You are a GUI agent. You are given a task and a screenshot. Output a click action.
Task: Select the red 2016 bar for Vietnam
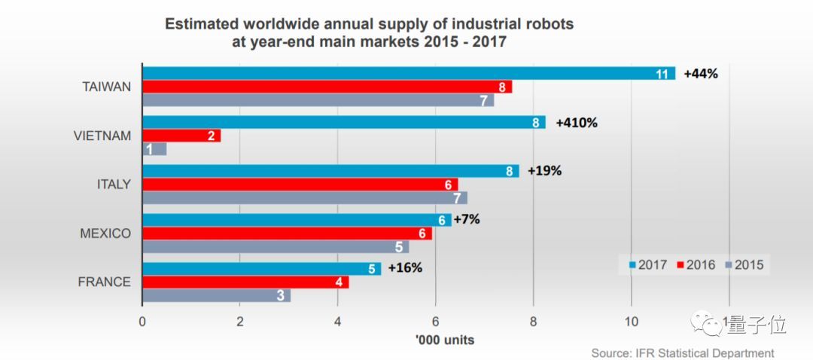pyautogui.click(x=181, y=136)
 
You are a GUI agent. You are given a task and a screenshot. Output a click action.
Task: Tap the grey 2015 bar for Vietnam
pyautogui.click(x=154, y=149)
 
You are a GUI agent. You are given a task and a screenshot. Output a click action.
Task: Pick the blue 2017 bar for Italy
pyautogui.click(x=330, y=171)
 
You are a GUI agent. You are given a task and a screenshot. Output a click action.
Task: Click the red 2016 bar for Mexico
pyautogui.click(x=287, y=233)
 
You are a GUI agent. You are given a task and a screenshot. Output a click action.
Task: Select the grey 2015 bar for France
pyautogui.click(x=216, y=295)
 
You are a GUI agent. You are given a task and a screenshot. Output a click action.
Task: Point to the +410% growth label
pyautogui.click(x=576, y=122)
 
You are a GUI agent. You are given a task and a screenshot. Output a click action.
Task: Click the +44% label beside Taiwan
pyautogui.click(x=701, y=74)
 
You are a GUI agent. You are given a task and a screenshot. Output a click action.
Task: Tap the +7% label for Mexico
pyautogui.click(x=467, y=220)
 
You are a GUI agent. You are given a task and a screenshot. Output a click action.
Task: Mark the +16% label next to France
pyautogui.click(x=405, y=269)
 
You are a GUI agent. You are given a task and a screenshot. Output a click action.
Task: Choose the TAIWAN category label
pyautogui.click(x=107, y=87)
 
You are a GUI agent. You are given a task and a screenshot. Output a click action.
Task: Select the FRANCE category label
pyautogui.click(x=105, y=282)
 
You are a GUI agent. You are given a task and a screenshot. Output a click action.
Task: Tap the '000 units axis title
pyautogui.click(x=444, y=340)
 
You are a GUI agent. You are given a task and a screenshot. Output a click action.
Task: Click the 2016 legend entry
pyautogui.click(x=697, y=265)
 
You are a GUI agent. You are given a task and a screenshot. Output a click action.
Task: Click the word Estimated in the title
pyautogui.click(x=197, y=24)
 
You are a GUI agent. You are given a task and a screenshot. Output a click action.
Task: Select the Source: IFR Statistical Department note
pyautogui.click(x=682, y=352)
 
